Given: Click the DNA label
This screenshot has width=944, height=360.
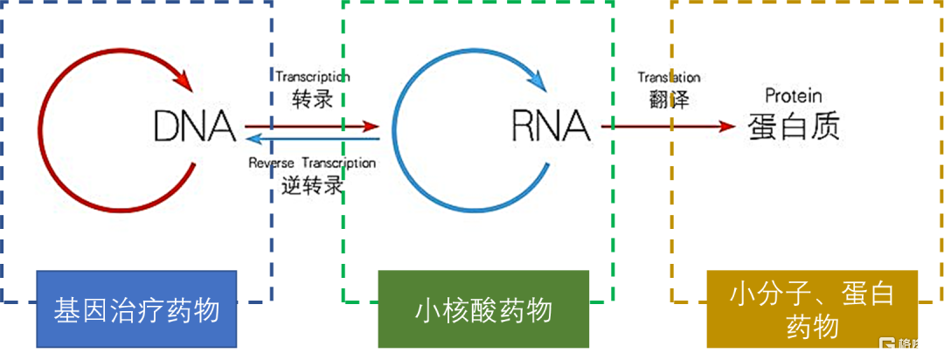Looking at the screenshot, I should (x=195, y=128).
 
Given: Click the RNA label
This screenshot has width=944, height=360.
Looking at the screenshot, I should (x=551, y=128).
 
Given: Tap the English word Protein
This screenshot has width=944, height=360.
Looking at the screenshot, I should (x=793, y=95).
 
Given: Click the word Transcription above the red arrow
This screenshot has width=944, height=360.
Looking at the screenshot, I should (x=313, y=77).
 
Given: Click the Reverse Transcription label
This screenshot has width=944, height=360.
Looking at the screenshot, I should (x=312, y=163).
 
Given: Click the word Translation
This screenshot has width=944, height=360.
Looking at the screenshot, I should (x=669, y=78).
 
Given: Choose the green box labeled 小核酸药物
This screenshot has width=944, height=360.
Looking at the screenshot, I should (x=483, y=309).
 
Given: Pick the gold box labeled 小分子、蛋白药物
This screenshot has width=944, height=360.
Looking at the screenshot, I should (x=812, y=309).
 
